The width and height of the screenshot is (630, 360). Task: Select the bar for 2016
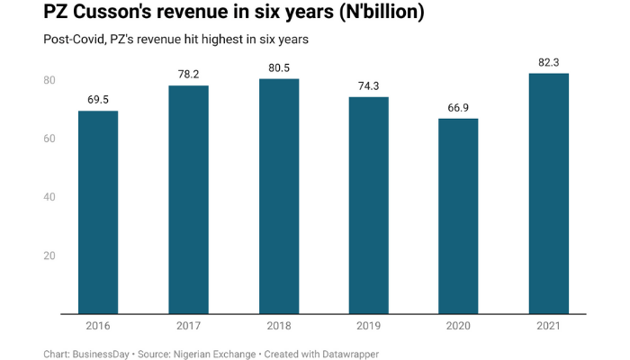(x=98, y=212)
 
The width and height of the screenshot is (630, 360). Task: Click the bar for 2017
(x=188, y=200)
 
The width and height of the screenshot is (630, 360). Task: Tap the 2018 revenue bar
(x=278, y=196)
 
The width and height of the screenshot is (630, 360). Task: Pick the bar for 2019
(x=368, y=205)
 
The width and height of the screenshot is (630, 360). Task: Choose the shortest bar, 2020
(x=458, y=216)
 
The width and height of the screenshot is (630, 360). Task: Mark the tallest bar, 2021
(x=548, y=193)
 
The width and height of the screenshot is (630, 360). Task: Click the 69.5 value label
(x=98, y=99)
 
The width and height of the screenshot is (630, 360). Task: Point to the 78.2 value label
(x=188, y=74)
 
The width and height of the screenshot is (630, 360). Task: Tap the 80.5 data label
(x=278, y=67)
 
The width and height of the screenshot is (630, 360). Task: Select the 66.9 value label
(x=458, y=106)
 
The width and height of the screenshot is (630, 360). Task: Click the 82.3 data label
(x=548, y=61)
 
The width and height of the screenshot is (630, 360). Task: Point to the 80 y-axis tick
(x=49, y=80)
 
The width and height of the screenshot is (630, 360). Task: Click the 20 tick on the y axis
(x=49, y=256)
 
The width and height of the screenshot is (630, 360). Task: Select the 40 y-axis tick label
(x=49, y=197)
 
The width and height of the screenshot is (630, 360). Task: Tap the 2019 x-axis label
(x=368, y=325)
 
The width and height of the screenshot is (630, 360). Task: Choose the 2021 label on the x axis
(x=548, y=325)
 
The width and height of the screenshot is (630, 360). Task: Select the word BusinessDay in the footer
(x=105, y=354)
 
